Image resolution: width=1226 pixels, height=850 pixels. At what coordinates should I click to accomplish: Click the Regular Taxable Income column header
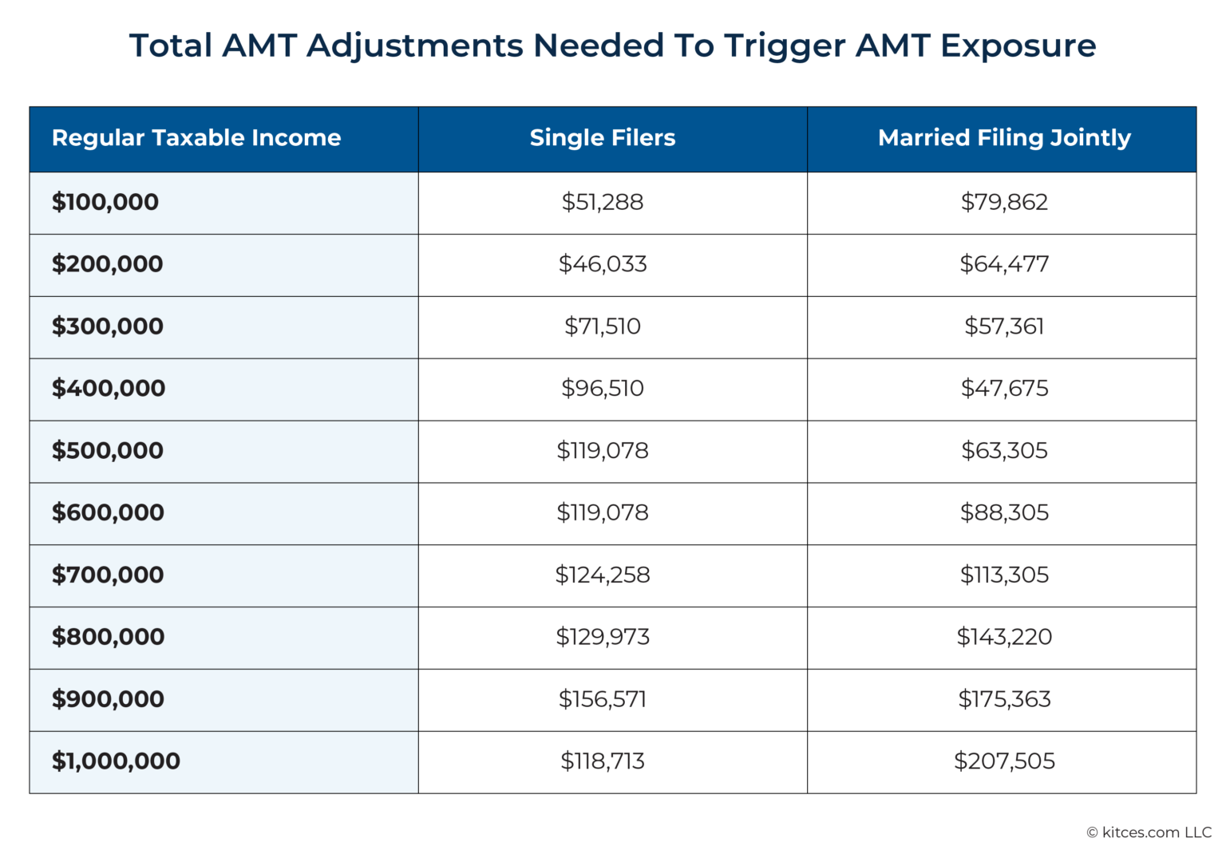(x=196, y=138)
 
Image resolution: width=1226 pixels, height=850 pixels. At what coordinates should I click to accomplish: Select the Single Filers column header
(x=603, y=138)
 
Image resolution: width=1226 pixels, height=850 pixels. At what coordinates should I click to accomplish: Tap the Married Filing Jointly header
(x=1004, y=138)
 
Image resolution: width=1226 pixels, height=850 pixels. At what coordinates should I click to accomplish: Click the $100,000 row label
(x=105, y=202)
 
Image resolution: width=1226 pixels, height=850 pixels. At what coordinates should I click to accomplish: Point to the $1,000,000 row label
(x=116, y=761)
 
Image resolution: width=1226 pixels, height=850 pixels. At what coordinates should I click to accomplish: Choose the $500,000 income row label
(x=108, y=450)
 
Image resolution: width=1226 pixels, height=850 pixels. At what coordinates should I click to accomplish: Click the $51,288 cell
(x=603, y=202)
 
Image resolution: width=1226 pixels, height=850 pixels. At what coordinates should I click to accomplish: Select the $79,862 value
(x=1004, y=202)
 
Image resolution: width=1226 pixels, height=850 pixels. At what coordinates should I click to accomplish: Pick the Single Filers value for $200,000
(x=603, y=264)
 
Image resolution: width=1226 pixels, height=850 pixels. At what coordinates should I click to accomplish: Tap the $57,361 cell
(x=1004, y=326)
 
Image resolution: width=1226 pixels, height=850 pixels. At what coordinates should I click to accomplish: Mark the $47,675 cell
(x=1004, y=389)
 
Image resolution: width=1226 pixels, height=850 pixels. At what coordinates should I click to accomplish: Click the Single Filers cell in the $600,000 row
(x=603, y=512)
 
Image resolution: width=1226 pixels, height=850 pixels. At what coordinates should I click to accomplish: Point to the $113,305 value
(x=1004, y=575)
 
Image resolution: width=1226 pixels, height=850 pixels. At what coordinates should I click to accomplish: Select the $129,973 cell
(x=603, y=637)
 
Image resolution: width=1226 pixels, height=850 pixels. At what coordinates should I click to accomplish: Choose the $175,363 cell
(x=1004, y=699)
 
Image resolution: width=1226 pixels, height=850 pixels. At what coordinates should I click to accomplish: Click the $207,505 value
(x=1004, y=761)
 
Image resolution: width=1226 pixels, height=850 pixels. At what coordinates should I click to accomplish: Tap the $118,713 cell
(x=603, y=761)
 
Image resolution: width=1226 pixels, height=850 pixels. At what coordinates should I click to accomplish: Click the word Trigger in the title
(x=785, y=46)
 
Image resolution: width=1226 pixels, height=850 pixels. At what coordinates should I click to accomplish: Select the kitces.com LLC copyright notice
(x=1149, y=832)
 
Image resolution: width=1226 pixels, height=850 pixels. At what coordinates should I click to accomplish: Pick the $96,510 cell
(x=603, y=389)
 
